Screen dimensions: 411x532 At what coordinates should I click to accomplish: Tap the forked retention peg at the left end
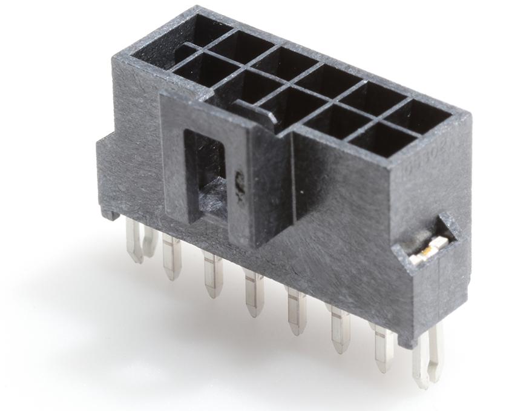pyautogui.click(x=139, y=239)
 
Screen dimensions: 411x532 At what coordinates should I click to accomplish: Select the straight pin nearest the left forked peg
pyautogui.click(x=171, y=257)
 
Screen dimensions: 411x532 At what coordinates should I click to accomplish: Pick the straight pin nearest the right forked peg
pyautogui.click(x=383, y=349)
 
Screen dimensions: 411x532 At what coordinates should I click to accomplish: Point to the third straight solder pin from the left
pyautogui.click(x=253, y=293)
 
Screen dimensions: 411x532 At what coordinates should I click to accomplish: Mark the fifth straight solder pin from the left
pyautogui.click(x=340, y=329)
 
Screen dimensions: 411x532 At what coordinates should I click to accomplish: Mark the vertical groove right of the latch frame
pyautogui.click(x=293, y=182)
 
